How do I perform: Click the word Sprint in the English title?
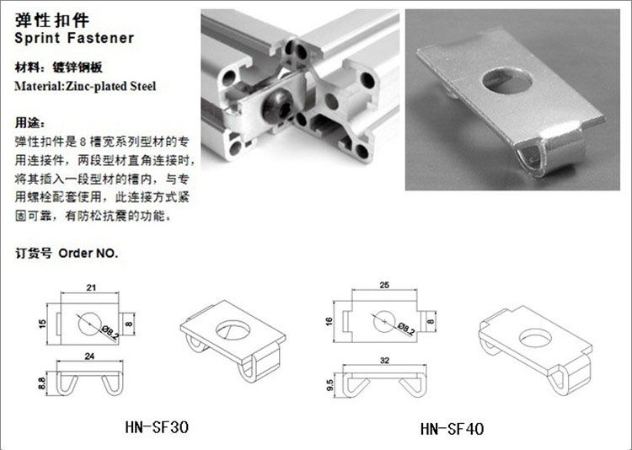37,38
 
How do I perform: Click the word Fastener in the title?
101,38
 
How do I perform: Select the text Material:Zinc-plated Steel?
85,86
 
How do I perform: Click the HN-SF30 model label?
157,426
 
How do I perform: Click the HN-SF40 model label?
452,428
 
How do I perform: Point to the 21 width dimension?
91,287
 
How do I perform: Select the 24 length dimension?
89,356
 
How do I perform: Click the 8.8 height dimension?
42,383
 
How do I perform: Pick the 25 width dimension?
384,285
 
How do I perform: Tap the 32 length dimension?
384,360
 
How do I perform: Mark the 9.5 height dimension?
330,385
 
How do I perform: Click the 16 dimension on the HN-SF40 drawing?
329,321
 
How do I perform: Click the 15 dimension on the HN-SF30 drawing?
43,324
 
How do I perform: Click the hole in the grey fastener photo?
507,81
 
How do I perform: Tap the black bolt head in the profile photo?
277,107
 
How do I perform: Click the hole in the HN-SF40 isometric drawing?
536,338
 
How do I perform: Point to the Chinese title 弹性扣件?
52,20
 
